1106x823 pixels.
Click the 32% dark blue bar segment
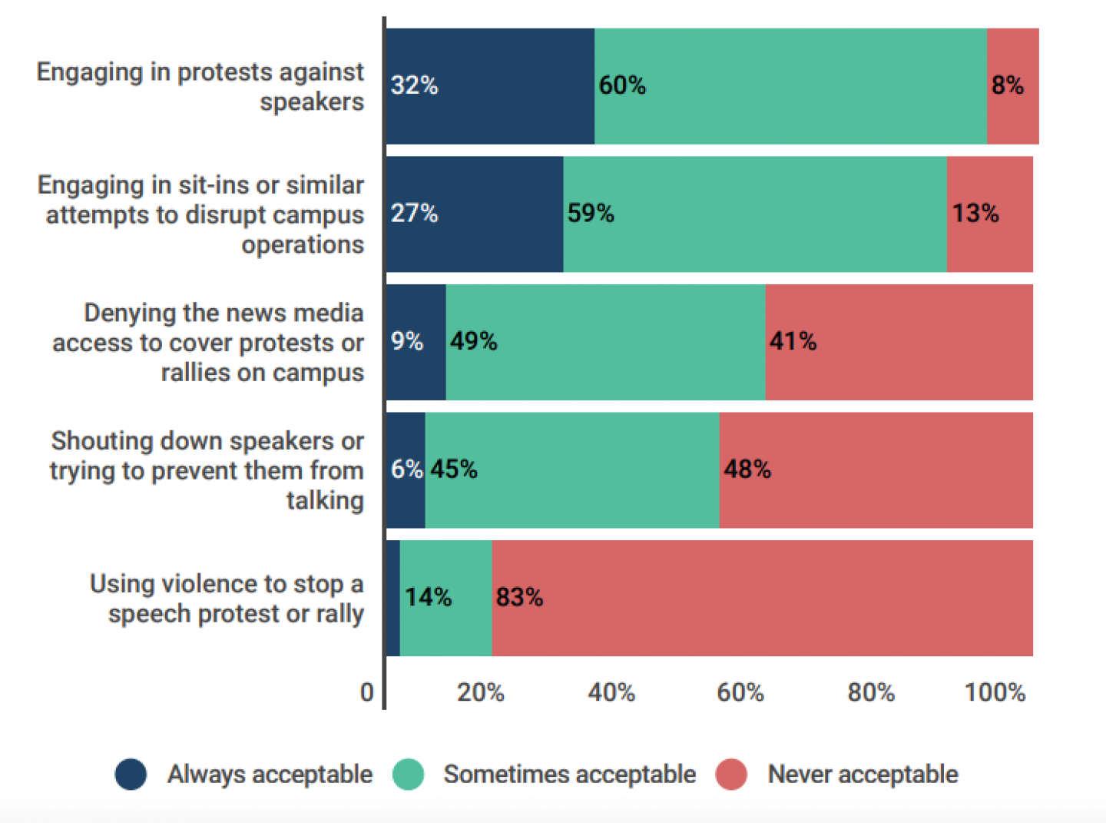490,86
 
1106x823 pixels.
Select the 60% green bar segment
790,86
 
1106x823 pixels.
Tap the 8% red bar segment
1012,86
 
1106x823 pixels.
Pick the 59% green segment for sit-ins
755,214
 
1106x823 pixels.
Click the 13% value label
975,213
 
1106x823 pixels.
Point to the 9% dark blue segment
416,342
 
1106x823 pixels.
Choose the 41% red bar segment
899,342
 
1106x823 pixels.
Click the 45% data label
454,469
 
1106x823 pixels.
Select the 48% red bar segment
876,470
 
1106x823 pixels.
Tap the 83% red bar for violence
762,598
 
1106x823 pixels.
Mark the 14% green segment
445,598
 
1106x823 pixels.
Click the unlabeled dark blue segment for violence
392,598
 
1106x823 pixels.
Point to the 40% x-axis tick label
611,692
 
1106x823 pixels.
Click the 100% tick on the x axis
995,692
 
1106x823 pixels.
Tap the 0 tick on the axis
367,692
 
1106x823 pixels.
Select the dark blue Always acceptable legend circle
131,775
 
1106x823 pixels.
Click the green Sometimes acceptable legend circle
408,775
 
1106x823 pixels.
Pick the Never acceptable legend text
863,775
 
